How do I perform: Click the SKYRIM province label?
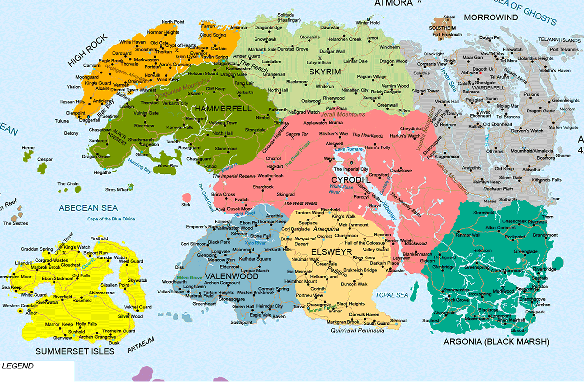[x=325, y=72]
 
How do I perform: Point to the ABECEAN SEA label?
[x=89, y=208]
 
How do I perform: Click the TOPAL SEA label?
[x=392, y=295]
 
